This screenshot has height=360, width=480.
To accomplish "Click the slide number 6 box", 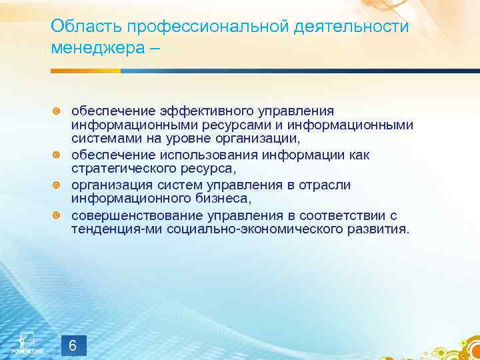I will pyautogui.click(x=73, y=345).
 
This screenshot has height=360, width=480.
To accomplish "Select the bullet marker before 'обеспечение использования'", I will pyautogui.click(x=57, y=155).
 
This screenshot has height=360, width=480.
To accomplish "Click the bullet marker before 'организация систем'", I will pyautogui.click(x=57, y=185).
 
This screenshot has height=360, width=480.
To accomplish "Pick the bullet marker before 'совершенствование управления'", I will pyautogui.click(x=57, y=215).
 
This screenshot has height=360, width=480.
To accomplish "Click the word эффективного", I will pyautogui.click(x=203, y=110).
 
